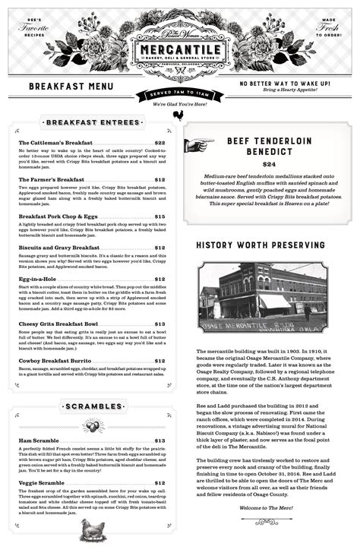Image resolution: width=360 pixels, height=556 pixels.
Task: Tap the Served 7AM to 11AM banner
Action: pyautogui.click(x=179, y=94)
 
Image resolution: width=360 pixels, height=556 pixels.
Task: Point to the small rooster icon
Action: pyautogui.click(x=178, y=115)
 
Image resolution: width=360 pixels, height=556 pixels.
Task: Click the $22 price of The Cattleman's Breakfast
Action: pyautogui.click(x=159, y=143)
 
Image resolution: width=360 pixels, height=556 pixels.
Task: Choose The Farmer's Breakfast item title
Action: pyautogui.click(x=51, y=180)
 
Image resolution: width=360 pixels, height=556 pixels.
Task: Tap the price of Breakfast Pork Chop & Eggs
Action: pyautogui.click(x=159, y=216)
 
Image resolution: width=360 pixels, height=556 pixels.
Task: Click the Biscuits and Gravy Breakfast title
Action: pyautogui.click(x=58, y=248)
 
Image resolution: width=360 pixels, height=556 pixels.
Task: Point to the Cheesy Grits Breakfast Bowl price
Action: pyautogui.click(x=159, y=324)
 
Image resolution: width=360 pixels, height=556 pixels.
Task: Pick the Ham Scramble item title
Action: pyautogui.click(x=39, y=441)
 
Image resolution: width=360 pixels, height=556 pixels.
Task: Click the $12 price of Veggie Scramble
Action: pyautogui.click(x=159, y=483)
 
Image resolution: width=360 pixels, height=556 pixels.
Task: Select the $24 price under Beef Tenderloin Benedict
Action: pyautogui.click(x=269, y=164)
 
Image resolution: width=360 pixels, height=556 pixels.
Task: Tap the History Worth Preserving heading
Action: pyautogui.click(x=261, y=245)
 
